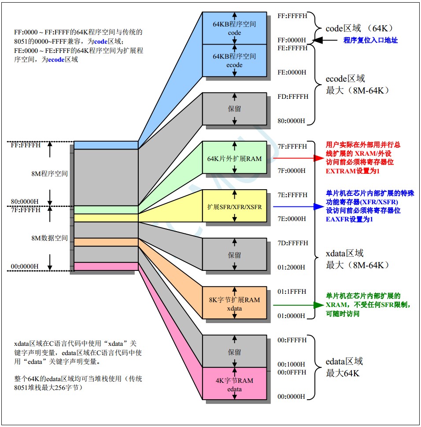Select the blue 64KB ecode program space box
coord(234,60)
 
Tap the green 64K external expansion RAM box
coord(234,157)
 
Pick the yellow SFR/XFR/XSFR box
coord(234,206)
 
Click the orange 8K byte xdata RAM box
coord(234,303)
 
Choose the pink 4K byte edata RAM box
coord(234,384)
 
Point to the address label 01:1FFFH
coord(292,292)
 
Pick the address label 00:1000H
coord(291,364)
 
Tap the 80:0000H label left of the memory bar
coord(25,202)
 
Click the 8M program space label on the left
coord(49,174)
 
